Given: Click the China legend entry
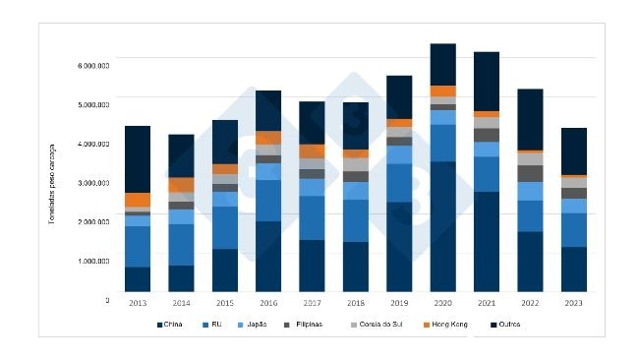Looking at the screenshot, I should [x=169, y=325].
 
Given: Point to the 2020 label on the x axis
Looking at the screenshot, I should [x=442, y=302].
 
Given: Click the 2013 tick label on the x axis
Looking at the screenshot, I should [x=138, y=302].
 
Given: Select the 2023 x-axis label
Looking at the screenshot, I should [x=573, y=302].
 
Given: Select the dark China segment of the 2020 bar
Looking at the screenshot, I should [x=442, y=226].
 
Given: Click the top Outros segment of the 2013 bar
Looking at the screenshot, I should [x=138, y=158].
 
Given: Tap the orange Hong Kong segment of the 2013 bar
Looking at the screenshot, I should [x=138, y=199].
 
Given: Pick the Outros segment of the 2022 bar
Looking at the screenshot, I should [x=530, y=119].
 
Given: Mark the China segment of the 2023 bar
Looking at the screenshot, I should [x=573, y=270].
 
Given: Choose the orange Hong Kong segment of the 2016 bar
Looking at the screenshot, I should [x=268, y=138].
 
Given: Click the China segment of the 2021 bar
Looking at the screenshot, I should [x=486, y=241].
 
